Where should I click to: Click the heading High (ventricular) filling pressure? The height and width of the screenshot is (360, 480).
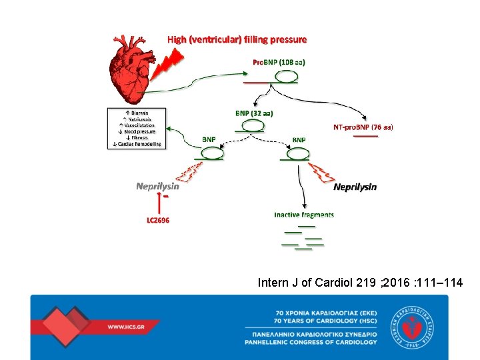(x=237, y=39)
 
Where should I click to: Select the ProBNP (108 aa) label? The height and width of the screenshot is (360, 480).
(x=279, y=62)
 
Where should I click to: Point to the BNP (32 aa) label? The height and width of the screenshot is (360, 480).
(x=254, y=113)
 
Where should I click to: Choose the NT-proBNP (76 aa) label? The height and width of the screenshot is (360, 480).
(x=363, y=127)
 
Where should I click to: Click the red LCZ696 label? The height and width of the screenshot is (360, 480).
(x=158, y=220)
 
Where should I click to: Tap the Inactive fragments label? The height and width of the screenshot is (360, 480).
(x=304, y=215)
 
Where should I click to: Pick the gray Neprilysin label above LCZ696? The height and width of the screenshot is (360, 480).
(x=157, y=186)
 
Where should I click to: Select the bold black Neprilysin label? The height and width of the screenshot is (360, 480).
(x=355, y=187)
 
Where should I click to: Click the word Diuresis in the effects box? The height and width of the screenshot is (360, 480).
(x=139, y=113)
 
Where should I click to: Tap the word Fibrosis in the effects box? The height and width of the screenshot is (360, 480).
(x=139, y=137)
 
